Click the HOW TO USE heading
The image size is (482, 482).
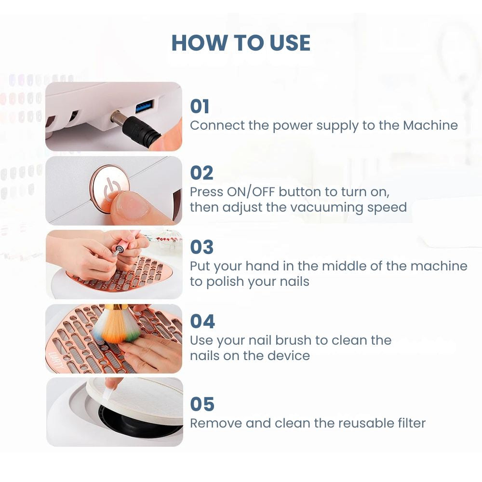[241, 42]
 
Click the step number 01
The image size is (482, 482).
[200, 107]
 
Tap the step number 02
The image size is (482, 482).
[201, 173]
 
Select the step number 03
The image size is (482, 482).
[202, 247]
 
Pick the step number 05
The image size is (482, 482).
[202, 404]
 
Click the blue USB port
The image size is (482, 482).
[145, 107]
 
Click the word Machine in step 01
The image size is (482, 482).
[430, 125]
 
